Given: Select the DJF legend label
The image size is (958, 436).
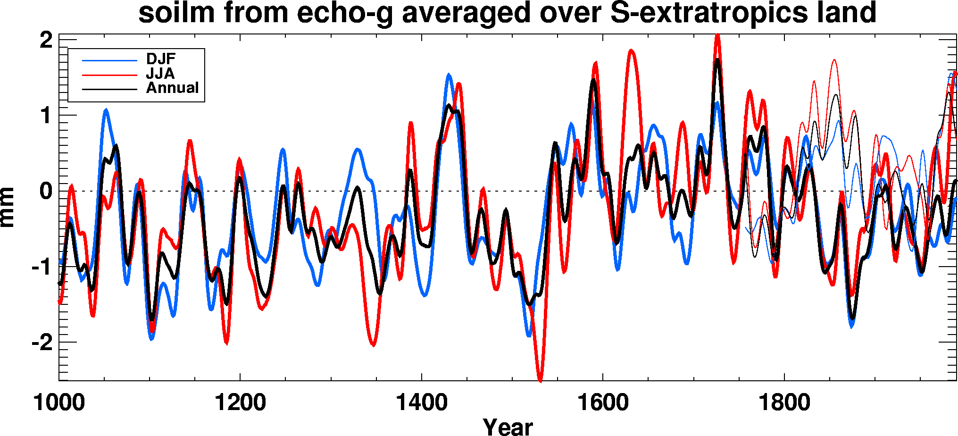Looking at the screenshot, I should tap(160, 59).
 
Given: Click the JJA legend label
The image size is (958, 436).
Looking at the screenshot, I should tap(160, 74).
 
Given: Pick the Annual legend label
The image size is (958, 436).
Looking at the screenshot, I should tap(172, 88).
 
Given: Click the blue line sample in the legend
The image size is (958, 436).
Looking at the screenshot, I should tap(109, 60).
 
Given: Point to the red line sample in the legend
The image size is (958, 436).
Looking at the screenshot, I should tap(109, 75).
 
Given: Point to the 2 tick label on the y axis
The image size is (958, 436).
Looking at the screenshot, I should tap(46, 41).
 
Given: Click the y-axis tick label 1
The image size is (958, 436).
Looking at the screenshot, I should tap(46, 116).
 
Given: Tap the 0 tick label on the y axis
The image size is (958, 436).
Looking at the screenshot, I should tap(46, 191).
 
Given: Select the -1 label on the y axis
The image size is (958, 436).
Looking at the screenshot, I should tap(42, 267).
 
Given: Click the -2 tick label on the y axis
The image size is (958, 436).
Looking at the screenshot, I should tap(42, 343).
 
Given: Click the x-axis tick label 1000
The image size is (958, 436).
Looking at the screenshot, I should tap(59, 402).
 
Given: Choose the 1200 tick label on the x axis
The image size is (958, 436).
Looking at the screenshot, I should tap(240, 402).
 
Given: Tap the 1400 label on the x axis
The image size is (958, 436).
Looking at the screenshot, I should tap(421, 402).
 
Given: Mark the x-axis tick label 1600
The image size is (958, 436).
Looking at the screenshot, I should tap(603, 402).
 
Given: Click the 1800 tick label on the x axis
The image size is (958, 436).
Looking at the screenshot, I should tap(784, 402).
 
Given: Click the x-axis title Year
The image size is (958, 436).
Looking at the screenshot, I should tap(508, 427).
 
